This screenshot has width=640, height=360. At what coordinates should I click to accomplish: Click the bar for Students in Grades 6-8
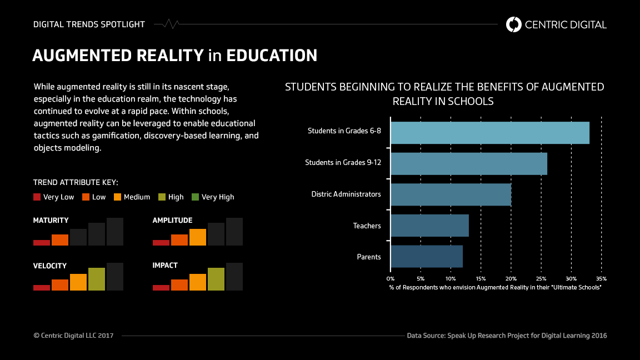(489, 133)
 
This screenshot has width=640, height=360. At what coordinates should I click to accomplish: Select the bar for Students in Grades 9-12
(468, 164)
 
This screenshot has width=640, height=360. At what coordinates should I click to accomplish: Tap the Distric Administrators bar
(451, 194)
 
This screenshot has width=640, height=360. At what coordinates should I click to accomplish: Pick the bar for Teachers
(429, 226)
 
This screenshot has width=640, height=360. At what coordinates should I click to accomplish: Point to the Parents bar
(426, 257)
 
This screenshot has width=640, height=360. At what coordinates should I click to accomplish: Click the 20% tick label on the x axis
(511, 278)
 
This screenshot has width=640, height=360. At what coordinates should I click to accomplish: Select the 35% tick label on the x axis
(601, 278)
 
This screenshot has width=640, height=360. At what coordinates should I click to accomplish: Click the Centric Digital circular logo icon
(514, 24)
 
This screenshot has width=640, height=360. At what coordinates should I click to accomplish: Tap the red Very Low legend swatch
(37, 197)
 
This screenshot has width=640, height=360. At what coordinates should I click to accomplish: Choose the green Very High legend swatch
(195, 197)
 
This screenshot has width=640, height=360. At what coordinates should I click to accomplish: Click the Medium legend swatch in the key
(117, 197)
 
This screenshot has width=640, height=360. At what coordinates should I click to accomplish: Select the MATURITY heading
(51, 221)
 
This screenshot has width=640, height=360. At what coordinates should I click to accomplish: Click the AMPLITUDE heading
(172, 221)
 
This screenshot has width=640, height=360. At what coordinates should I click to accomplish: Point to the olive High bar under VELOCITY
(97, 279)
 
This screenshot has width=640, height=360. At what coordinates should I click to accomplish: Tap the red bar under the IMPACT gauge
(161, 287)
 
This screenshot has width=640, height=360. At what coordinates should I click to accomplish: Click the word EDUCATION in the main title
(272, 56)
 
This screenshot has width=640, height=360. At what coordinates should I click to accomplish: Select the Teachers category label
(367, 226)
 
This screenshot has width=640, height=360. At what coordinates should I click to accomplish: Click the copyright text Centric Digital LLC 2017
(73, 336)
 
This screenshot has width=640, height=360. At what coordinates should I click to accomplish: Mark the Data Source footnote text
(507, 336)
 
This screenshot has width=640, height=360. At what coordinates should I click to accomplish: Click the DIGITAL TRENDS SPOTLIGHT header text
(89, 24)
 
